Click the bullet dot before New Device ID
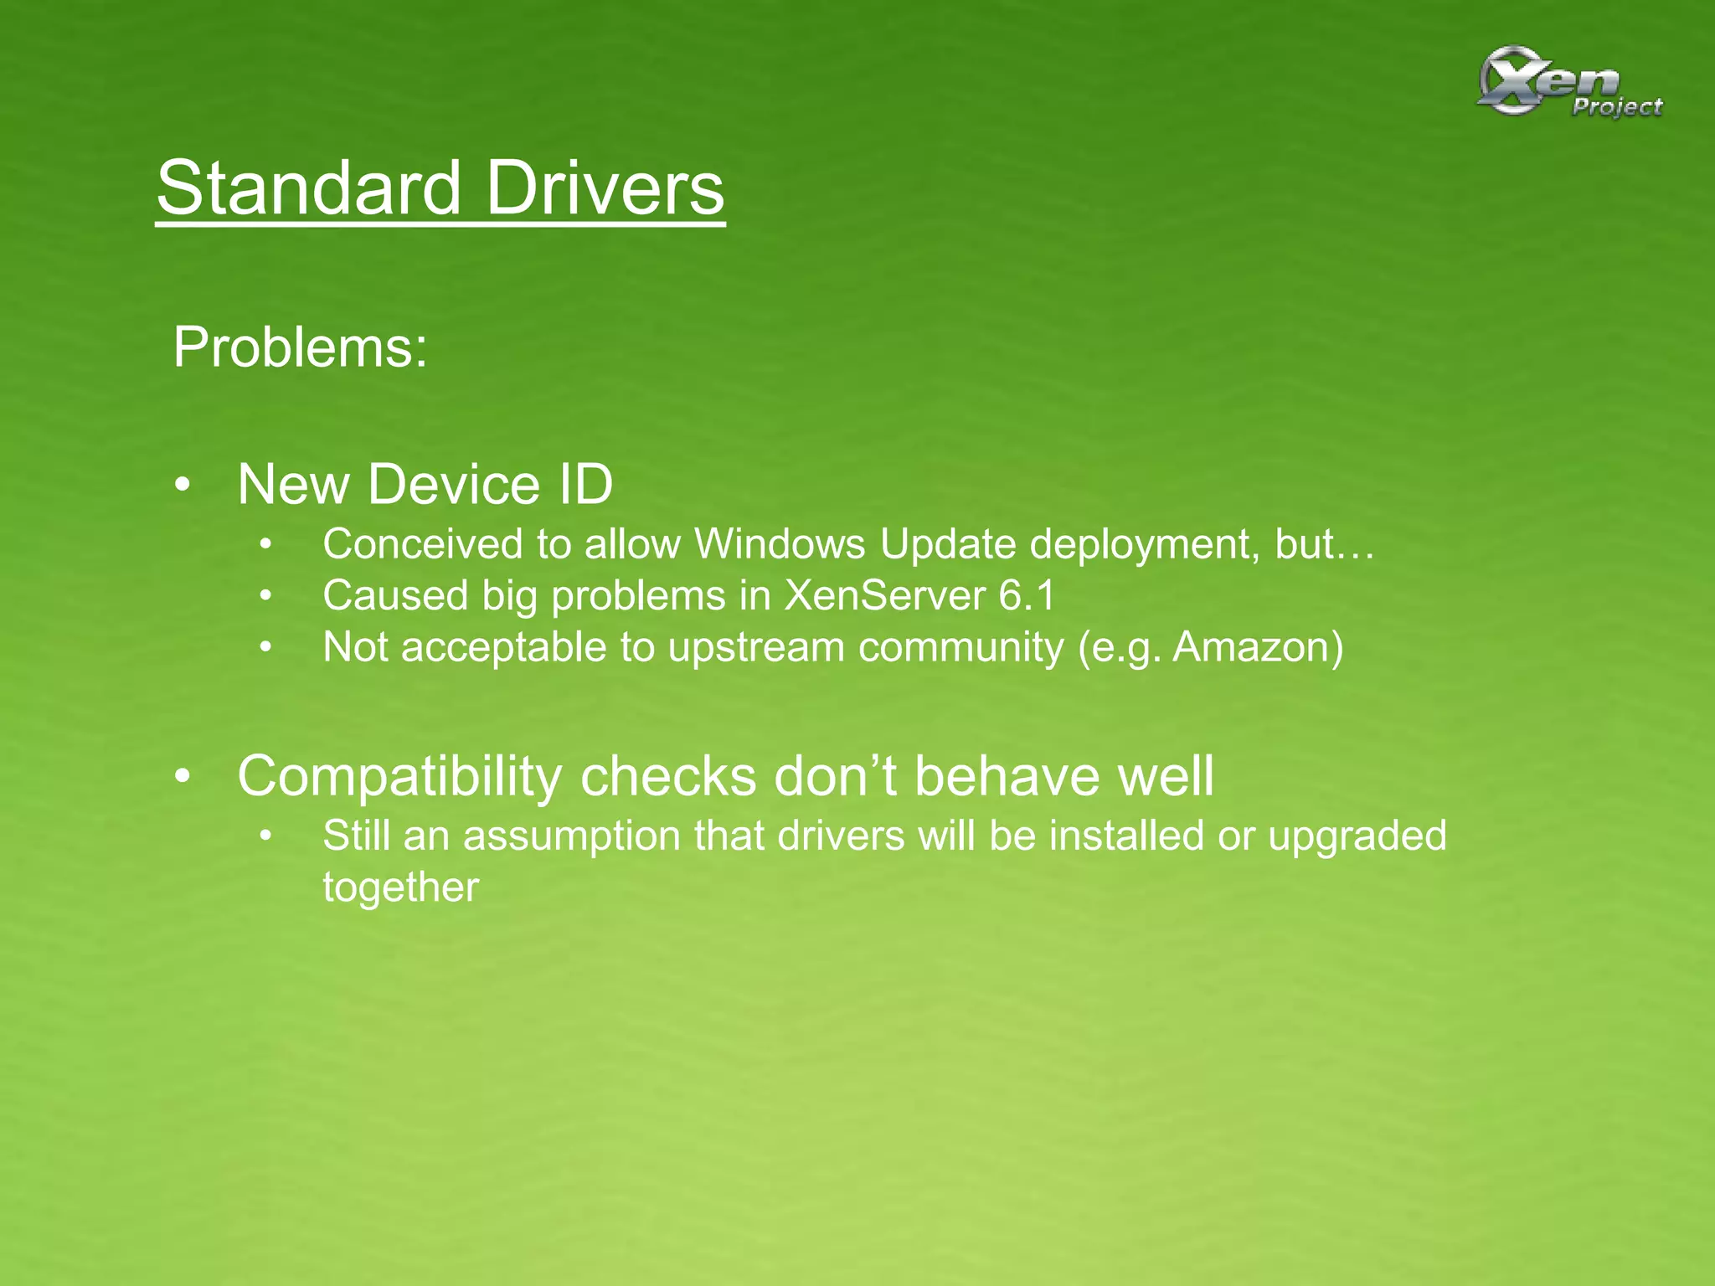(183, 486)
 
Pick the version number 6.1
(1027, 596)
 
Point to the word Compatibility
(399, 777)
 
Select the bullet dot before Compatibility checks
(183, 777)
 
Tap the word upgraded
(1357, 837)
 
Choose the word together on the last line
(401, 887)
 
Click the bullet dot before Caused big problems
(266, 597)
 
